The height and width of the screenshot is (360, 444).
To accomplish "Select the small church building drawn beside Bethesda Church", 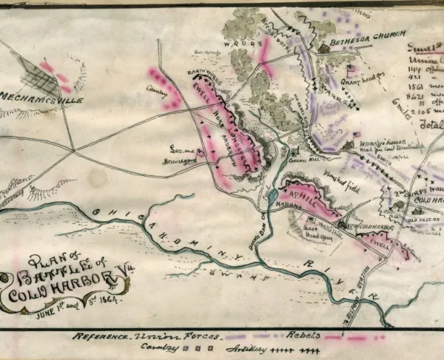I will (x=323, y=47).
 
